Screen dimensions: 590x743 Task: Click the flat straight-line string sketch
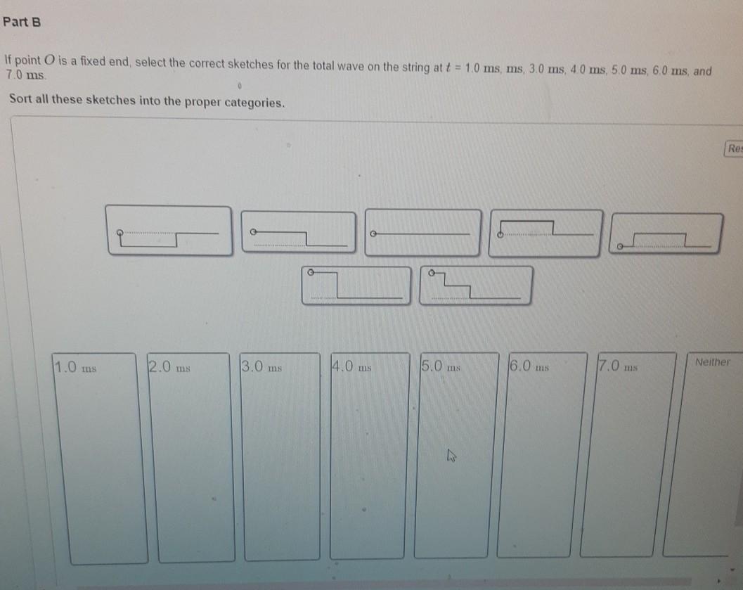[422, 233]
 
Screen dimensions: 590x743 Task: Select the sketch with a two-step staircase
[475, 285]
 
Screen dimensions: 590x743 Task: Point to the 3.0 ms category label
[261, 366]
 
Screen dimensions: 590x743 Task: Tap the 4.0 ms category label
[352, 366]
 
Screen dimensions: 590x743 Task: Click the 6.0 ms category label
[529, 366]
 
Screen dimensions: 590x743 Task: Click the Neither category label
[713, 362]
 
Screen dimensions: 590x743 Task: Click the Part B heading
[22, 22]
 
